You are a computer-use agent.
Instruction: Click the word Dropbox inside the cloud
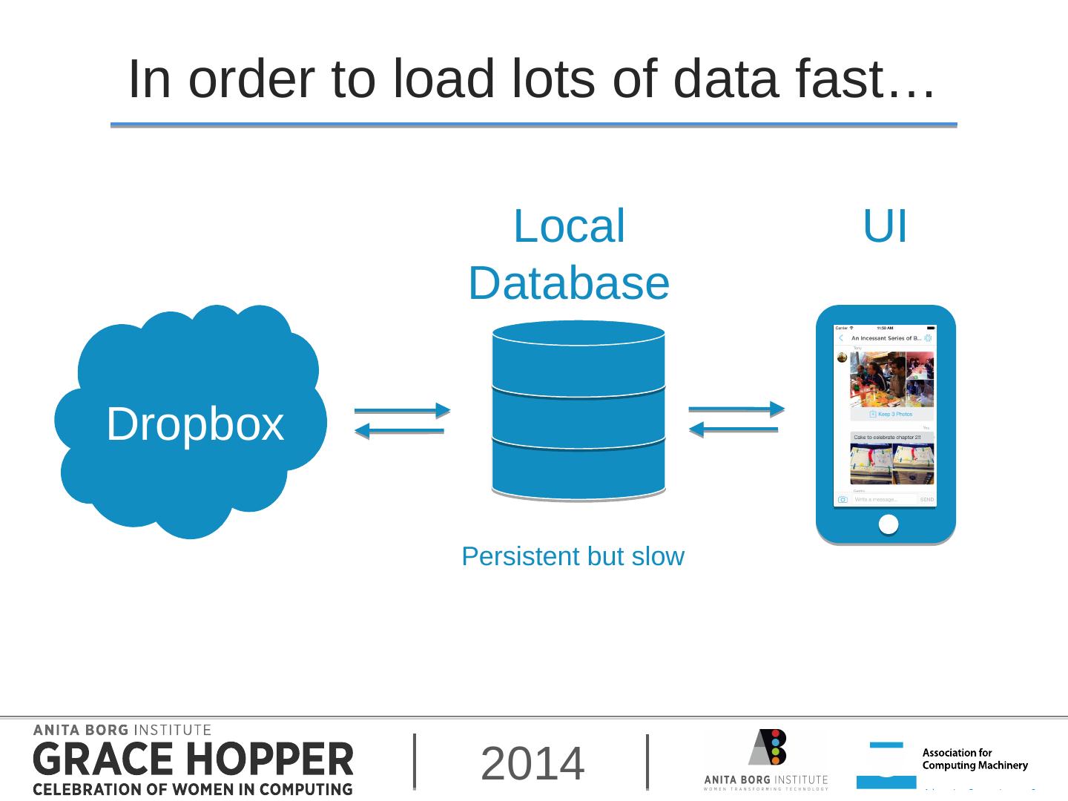coord(195,424)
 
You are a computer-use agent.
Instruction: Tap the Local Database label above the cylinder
coord(569,254)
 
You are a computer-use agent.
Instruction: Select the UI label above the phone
coord(885,226)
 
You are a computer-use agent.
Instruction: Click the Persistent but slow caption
coord(573,556)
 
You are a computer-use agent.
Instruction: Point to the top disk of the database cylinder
coord(578,356)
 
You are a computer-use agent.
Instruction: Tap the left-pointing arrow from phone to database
coord(734,429)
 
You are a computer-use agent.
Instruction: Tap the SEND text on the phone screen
coord(927,500)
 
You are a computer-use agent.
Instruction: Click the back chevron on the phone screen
coord(841,338)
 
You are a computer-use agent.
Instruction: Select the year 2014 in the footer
coord(533,764)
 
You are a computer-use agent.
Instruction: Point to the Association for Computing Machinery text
coord(975,759)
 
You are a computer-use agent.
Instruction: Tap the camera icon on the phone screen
coord(843,500)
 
